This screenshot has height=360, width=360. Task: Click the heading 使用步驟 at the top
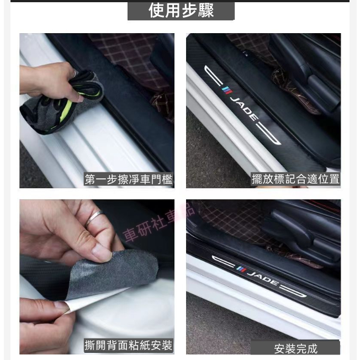(x=181, y=10)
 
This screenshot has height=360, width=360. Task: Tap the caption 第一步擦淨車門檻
(x=128, y=179)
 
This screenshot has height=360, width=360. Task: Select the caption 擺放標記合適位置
(x=295, y=179)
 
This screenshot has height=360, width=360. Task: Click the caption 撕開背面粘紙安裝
(x=128, y=345)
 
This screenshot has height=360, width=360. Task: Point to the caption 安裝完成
(x=296, y=349)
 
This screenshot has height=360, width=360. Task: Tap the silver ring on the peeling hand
(x=94, y=218)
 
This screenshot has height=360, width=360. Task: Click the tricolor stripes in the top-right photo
(x=227, y=91)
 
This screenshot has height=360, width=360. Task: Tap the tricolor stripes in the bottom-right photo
(x=241, y=269)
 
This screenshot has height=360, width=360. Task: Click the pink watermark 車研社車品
(x=158, y=223)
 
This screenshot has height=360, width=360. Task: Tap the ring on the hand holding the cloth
(x=74, y=73)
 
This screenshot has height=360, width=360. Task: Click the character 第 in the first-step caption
(x=89, y=179)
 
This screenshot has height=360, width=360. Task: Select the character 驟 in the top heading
(x=206, y=10)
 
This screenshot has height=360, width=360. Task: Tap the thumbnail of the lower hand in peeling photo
(x=60, y=306)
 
